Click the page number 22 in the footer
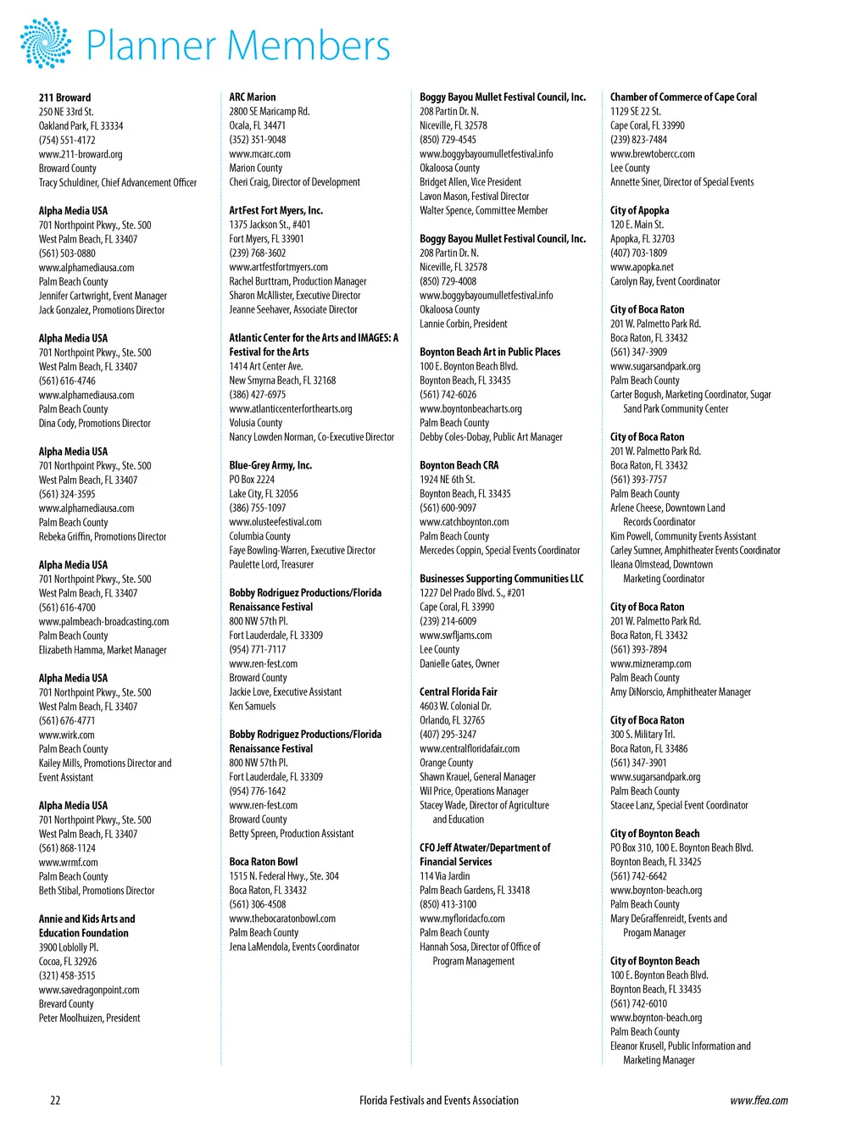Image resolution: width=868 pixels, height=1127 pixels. (55, 1101)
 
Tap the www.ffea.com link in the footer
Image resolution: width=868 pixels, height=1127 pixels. (759, 1101)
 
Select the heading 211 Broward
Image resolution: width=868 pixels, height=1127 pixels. (64, 97)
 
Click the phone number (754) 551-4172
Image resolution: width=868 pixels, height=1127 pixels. (67, 141)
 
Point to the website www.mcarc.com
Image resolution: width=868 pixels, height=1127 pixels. (259, 154)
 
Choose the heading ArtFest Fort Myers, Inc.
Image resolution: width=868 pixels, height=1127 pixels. (275, 210)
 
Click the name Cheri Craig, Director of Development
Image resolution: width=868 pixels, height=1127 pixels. (294, 182)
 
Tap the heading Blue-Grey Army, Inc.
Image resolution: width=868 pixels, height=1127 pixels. (270, 465)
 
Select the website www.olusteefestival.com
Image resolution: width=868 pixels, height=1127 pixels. (275, 522)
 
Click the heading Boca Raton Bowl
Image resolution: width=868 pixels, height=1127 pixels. (263, 862)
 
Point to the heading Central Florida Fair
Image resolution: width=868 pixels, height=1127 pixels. (459, 692)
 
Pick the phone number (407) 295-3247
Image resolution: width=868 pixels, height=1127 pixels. (448, 735)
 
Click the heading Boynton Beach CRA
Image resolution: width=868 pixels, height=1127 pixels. (459, 465)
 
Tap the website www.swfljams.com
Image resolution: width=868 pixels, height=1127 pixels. (455, 636)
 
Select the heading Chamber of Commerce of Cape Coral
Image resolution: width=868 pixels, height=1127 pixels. (683, 97)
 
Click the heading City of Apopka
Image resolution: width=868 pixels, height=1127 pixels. (639, 210)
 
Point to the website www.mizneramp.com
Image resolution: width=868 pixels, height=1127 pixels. (650, 664)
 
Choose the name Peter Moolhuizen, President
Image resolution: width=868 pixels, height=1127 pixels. (89, 1019)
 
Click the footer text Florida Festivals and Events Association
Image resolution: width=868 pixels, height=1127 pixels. (438, 1101)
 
